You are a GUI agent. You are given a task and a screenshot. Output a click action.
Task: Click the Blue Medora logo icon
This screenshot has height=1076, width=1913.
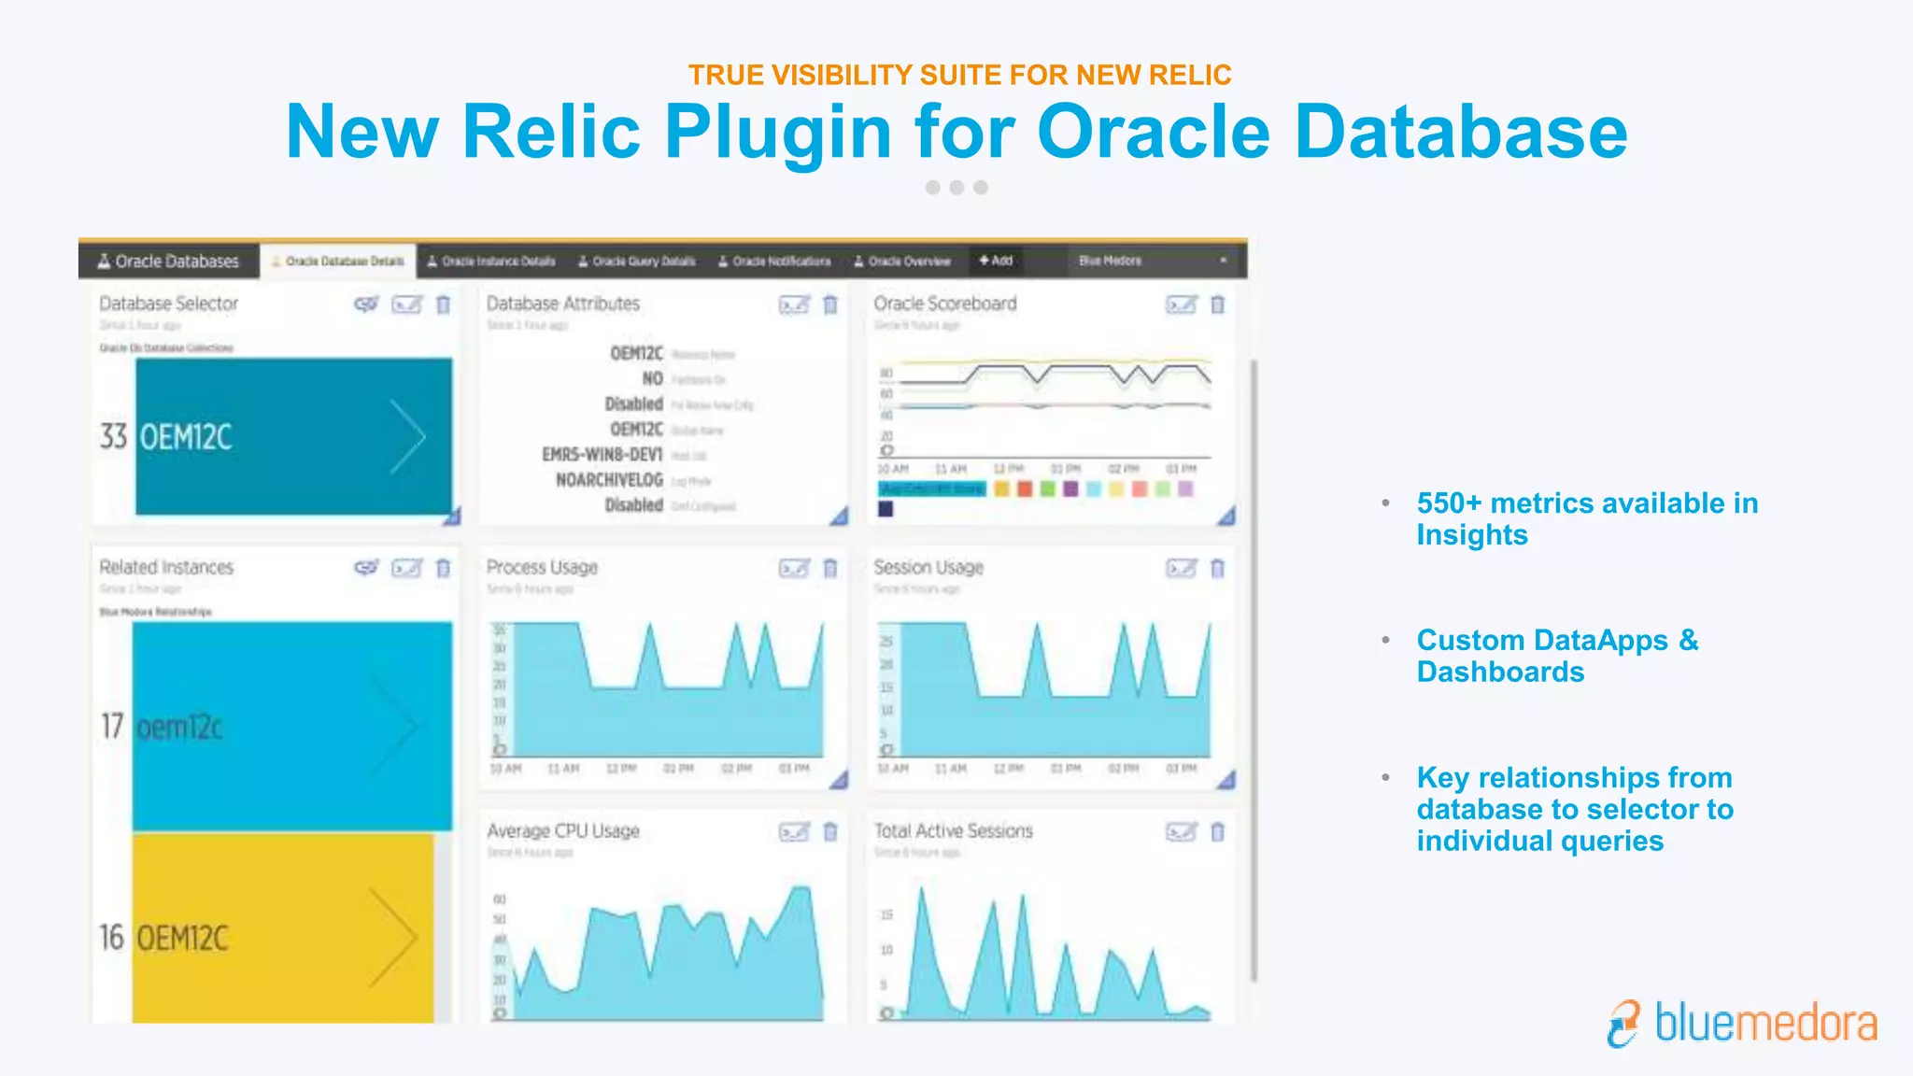tap(1624, 1024)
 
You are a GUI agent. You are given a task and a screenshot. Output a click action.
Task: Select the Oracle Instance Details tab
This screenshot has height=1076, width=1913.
tap(491, 262)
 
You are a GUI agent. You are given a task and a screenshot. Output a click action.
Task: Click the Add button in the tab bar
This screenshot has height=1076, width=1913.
tap(996, 261)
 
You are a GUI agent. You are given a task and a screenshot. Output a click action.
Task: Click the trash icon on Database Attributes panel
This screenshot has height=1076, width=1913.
tap(830, 304)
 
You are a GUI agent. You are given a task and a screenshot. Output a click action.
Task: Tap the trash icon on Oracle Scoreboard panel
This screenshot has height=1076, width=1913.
tap(1217, 304)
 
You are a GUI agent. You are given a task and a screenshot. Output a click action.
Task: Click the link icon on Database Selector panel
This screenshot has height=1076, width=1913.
tap(366, 304)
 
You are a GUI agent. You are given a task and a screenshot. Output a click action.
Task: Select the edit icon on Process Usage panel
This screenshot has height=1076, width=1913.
tap(794, 568)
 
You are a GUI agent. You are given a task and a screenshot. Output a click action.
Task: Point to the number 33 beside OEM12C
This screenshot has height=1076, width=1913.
tap(113, 436)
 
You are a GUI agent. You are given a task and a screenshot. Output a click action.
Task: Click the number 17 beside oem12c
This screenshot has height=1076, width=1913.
tap(112, 726)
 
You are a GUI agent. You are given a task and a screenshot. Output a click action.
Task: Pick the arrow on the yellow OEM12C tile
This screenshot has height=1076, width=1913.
tap(392, 937)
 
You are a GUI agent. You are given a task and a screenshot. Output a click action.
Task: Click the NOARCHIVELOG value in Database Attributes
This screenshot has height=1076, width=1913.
tap(609, 480)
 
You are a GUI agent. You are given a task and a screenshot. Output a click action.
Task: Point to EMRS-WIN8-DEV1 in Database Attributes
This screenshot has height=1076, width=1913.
tap(602, 455)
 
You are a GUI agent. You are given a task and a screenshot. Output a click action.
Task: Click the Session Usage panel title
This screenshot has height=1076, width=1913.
tap(928, 567)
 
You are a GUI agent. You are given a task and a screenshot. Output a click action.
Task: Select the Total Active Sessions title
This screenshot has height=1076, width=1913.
tap(953, 830)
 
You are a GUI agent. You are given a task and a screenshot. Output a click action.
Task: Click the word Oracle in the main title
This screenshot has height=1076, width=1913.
tap(1154, 132)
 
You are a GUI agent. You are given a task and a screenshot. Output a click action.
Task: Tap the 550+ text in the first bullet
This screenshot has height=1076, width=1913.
tap(1449, 503)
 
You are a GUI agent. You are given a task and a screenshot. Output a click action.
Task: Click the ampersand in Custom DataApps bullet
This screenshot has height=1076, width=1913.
tap(1688, 641)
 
